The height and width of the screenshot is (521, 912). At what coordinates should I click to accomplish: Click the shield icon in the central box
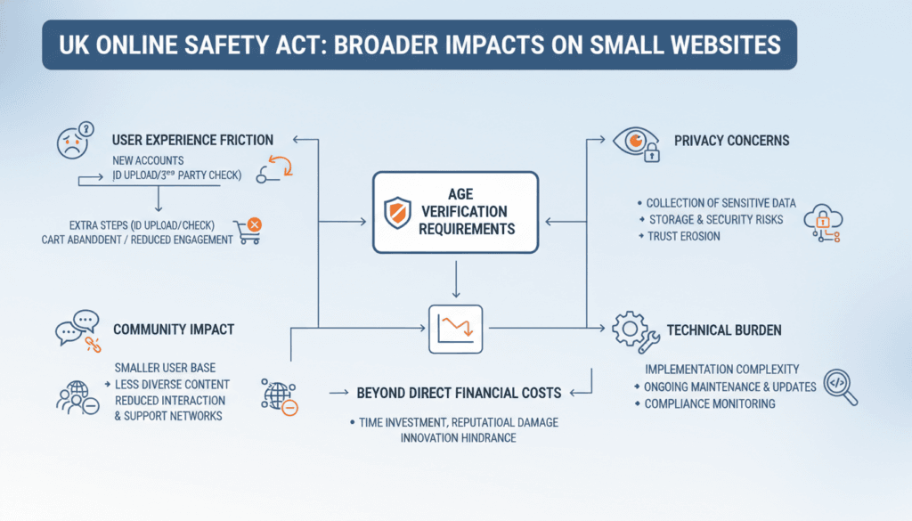pos(398,213)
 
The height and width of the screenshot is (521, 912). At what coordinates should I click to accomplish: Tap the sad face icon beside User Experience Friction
pos(75,142)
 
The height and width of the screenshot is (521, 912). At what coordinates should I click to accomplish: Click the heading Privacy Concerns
pos(731,141)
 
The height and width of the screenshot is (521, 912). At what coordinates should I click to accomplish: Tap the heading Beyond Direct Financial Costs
pos(460,393)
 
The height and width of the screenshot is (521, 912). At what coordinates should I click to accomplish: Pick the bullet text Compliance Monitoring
pos(710,403)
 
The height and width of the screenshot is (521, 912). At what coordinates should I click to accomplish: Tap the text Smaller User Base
pos(165,367)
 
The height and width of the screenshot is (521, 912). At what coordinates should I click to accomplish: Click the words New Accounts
pos(148,160)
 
